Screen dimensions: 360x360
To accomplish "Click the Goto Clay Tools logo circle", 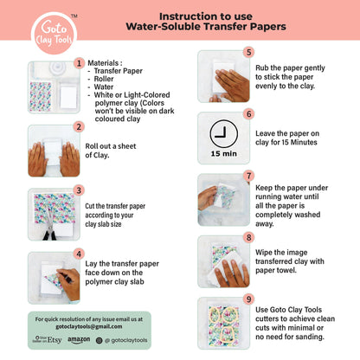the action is [54, 33].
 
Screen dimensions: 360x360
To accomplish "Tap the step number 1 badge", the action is [79, 63].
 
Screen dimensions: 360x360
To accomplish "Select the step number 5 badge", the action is [248, 52].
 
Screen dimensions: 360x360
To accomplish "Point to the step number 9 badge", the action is [248, 299].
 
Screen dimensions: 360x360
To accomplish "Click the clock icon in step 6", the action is [224, 134].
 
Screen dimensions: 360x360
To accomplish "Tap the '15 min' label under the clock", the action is [224, 154].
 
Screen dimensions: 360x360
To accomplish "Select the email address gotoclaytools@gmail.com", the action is [89, 326].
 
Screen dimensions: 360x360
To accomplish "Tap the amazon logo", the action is [79, 340].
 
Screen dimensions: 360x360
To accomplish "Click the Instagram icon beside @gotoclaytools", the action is [99, 340].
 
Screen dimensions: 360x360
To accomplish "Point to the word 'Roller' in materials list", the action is [104, 79].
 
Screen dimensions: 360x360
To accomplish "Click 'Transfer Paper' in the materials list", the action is [119, 71].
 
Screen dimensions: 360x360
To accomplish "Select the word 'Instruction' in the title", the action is [183, 16].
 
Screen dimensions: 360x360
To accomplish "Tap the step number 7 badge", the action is [248, 176].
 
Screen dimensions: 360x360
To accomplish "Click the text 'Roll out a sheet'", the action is [111, 146].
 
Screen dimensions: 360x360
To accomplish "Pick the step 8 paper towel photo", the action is [224, 261].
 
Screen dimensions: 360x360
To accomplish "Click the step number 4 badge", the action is [79, 254].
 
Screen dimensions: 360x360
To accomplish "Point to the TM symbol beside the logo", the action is [74, 16].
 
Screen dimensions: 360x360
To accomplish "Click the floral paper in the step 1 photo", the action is [41, 96].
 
